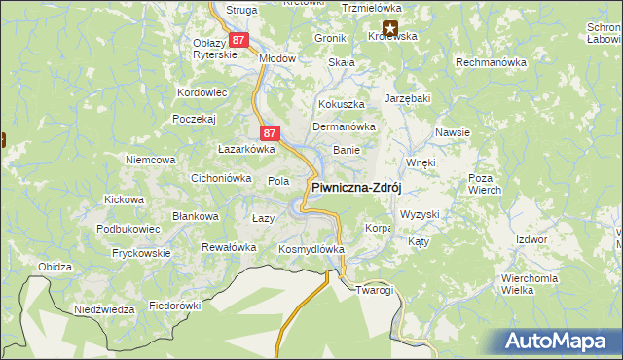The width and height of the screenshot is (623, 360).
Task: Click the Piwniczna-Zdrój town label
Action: [356, 188]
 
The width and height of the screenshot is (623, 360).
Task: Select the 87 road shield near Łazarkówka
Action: [272, 133]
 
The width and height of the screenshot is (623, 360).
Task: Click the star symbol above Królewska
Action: [391, 28]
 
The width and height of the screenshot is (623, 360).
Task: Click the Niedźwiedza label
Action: [104, 309]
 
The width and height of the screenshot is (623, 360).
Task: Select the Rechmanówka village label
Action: [492, 62]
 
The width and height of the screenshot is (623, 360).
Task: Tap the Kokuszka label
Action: [342, 103]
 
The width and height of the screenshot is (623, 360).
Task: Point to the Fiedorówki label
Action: [174, 306]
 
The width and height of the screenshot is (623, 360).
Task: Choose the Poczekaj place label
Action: [193, 118]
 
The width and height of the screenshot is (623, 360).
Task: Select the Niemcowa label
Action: [150, 159]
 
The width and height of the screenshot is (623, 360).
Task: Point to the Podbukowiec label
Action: [128, 228]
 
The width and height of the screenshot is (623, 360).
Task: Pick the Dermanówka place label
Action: [344, 126]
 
